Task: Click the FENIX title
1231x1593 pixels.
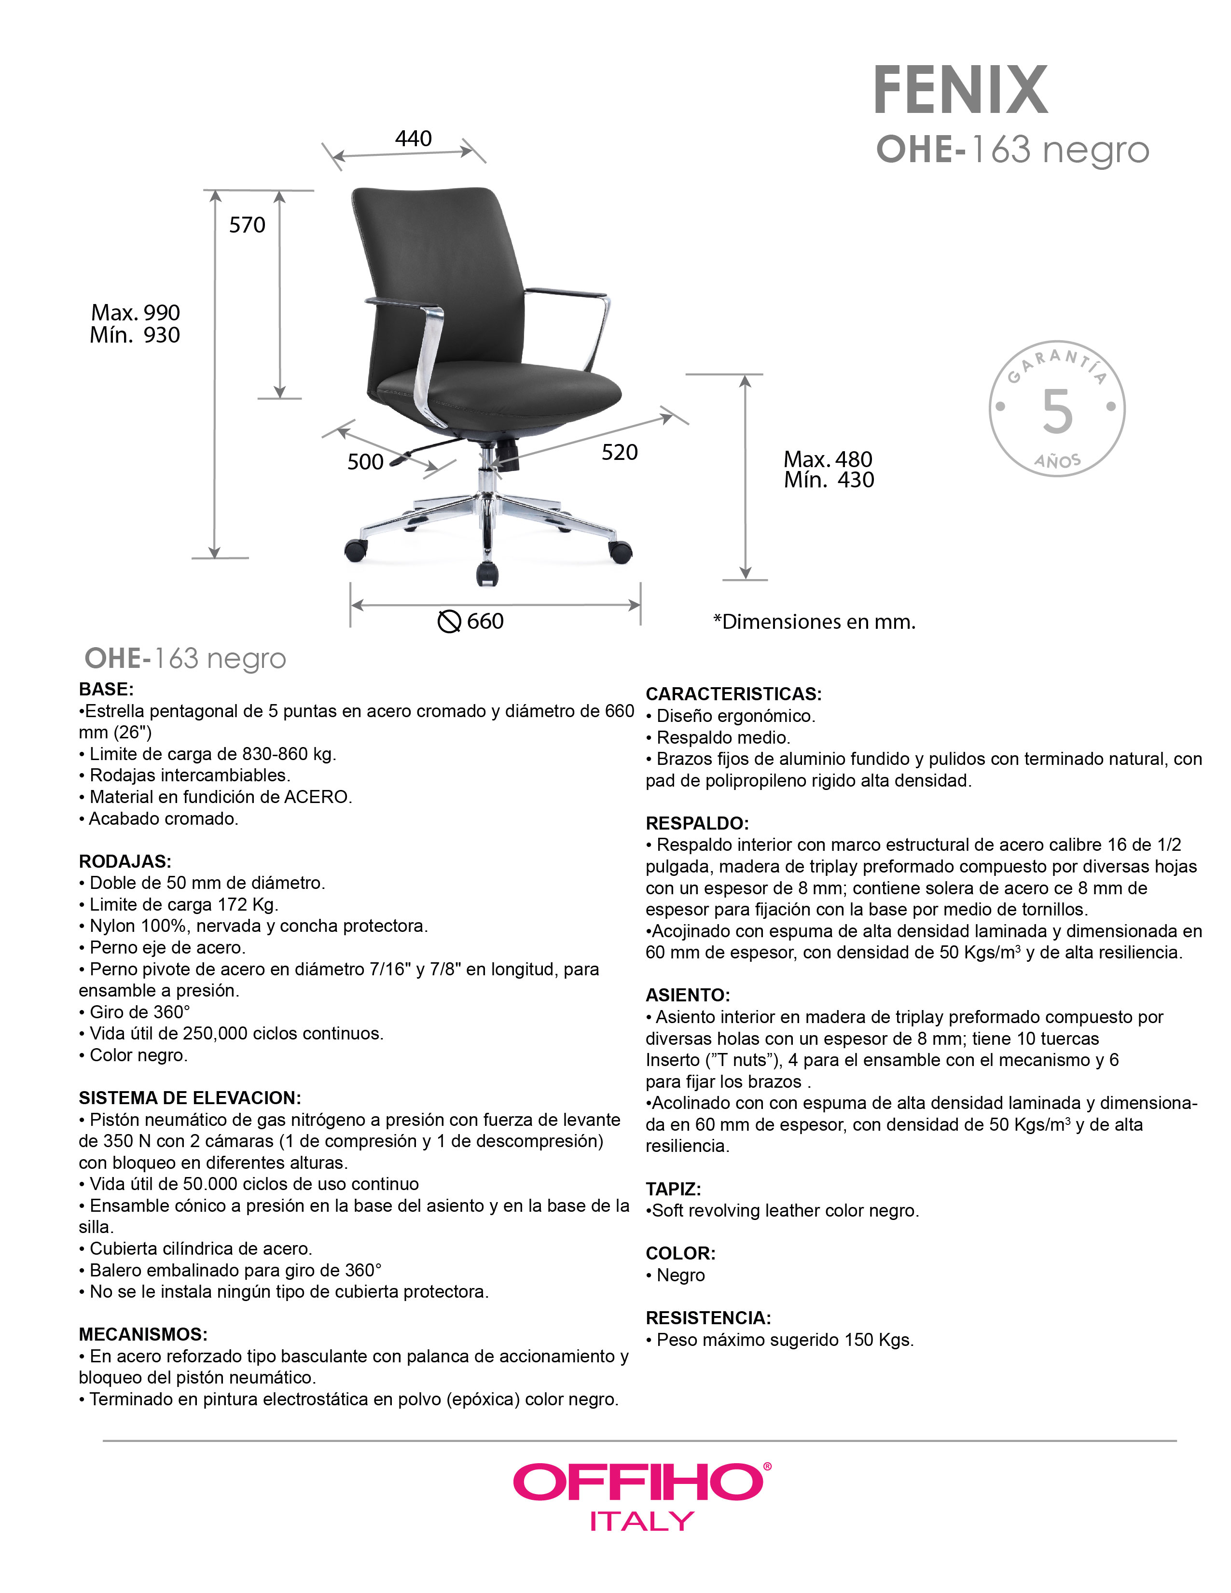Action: click(960, 90)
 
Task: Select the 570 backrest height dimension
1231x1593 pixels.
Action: click(247, 225)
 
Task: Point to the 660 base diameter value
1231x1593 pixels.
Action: click(485, 622)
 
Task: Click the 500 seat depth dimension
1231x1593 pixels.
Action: click(365, 462)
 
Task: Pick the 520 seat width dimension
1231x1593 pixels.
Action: click(619, 452)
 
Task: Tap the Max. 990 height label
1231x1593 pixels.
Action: click(135, 312)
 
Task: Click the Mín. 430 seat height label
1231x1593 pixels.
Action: click(829, 480)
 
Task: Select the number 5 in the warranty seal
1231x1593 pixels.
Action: click(1057, 411)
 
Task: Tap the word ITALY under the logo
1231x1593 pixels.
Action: click(642, 1522)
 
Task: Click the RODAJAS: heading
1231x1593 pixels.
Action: click(124, 861)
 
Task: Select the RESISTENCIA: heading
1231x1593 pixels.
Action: click(708, 1318)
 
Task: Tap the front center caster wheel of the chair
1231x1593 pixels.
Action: click(487, 573)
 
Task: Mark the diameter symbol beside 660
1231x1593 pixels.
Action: click(448, 622)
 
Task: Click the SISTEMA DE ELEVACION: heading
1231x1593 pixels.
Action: click(190, 1098)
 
